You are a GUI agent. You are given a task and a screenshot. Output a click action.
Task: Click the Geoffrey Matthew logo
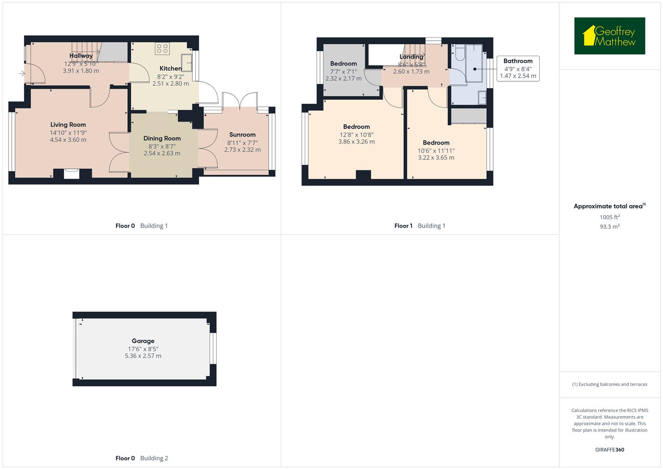(609, 36)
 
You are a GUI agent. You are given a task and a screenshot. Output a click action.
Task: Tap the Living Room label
(68, 125)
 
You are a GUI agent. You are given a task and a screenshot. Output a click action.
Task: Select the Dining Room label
(162, 139)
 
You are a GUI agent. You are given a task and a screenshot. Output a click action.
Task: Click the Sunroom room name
(242, 135)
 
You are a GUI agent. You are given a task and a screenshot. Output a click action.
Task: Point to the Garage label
(143, 341)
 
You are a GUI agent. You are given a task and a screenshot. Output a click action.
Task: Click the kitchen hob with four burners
(162, 49)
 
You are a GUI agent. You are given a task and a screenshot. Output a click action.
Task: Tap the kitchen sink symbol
(187, 63)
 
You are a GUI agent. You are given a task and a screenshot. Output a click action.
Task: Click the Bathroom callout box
(518, 69)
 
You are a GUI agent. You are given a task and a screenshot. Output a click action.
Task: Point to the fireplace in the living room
(72, 174)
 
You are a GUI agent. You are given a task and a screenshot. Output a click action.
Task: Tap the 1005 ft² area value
(610, 217)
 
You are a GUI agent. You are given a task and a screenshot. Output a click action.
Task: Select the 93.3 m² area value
(610, 226)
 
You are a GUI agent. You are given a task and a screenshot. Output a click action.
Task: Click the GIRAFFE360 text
(610, 449)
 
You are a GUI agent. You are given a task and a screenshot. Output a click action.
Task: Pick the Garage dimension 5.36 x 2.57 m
(143, 356)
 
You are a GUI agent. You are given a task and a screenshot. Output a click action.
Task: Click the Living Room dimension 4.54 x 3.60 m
(68, 140)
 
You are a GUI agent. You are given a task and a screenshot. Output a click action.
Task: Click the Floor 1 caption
(403, 226)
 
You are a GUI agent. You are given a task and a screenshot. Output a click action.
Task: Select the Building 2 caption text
(154, 458)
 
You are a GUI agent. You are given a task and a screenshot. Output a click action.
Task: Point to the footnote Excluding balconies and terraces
(610, 384)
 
